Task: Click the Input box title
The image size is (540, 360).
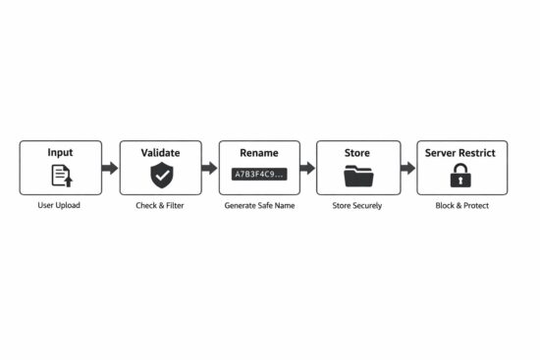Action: (x=60, y=153)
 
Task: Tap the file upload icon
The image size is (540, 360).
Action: (x=61, y=176)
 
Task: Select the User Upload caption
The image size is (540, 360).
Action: (x=60, y=205)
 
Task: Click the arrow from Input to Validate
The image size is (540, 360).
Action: (x=110, y=168)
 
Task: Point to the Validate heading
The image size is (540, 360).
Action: (x=160, y=153)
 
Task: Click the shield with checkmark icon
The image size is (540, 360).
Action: (x=160, y=176)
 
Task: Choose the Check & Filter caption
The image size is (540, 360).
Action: (x=160, y=205)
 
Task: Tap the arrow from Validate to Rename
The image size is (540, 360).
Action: (x=209, y=168)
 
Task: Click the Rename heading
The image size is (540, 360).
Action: (x=259, y=153)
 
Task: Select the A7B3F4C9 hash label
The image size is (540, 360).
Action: (x=259, y=175)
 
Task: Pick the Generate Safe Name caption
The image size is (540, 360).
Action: (x=259, y=205)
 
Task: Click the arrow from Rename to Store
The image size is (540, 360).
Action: (x=307, y=168)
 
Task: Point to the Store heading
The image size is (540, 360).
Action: (x=357, y=153)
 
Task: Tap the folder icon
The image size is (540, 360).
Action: (x=358, y=177)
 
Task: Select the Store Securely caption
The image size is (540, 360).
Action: (x=357, y=205)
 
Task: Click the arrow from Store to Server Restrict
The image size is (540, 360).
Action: (x=407, y=168)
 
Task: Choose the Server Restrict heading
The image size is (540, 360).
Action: (x=460, y=153)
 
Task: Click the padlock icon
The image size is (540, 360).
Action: (x=460, y=176)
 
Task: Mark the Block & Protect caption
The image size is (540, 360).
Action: (x=460, y=205)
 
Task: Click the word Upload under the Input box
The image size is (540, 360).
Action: (x=68, y=205)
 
